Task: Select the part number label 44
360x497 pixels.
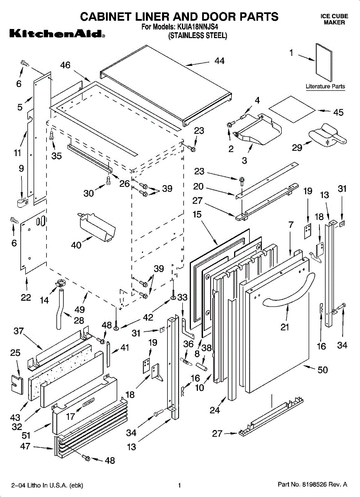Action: pyautogui.click(x=220, y=61)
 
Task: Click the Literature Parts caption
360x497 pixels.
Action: pyautogui.click(x=325, y=87)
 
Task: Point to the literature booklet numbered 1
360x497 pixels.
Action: pyautogui.click(x=324, y=62)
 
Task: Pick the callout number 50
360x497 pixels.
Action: pyautogui.click(x=322, y=369)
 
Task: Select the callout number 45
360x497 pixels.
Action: pyautogui.click(x=338, y=112)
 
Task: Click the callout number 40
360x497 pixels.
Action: pyautogui.click(x=76, y=245)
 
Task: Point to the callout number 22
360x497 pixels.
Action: pyautogui.click(x=26, y=297)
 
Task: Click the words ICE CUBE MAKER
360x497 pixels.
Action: pyautogui.click(x=334, y=19)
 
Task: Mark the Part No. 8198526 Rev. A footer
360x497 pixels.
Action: pyautogui.click(x=312, y=484)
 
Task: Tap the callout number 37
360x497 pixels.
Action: pyautogui.click(x=18, y=331)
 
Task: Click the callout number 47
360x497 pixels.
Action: pyautogui.click(x=26, y=446)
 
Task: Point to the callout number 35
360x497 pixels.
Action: pyautogui.click(x=56, y=156)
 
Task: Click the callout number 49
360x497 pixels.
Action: pyautogui.click(x=80, y=309)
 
